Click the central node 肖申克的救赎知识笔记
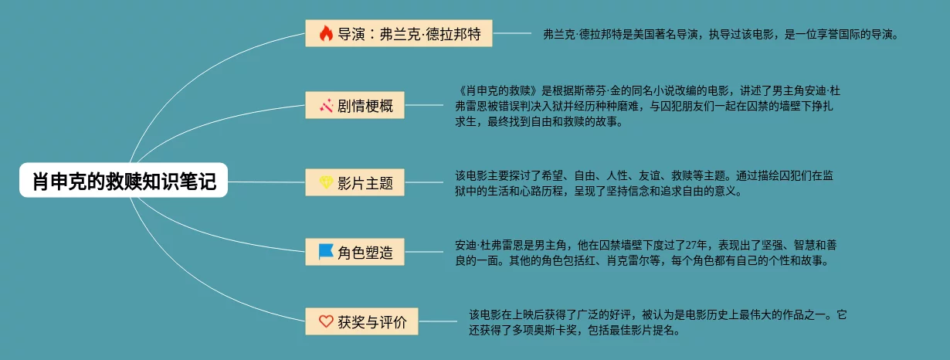[x=124, y=182]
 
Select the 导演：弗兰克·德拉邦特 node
[x=399, y=33]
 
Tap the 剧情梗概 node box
[x=355, y=105]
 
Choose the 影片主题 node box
[x=355, y=182]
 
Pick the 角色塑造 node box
[x=355, y=252]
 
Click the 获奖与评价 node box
[x=361, y=321]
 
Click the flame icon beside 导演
[x=326, y=33]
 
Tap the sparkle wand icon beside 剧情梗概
[x=326, y=105]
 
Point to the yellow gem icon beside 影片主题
[x=326, y=182]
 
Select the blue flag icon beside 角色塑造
[x=326, y=252]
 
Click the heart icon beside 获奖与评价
[x=326, y=321]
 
